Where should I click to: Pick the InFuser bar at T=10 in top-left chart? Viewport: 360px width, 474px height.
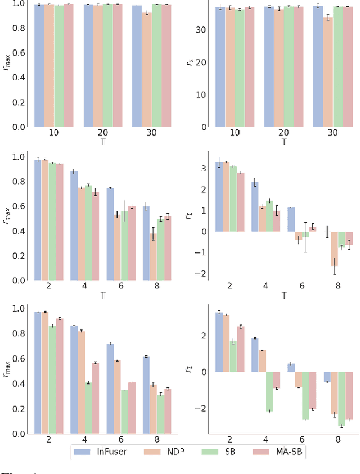pos(39,65)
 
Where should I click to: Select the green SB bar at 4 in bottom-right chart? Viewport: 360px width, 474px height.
pos(269,391)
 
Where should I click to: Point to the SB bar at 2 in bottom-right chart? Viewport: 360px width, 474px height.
pos(233,356)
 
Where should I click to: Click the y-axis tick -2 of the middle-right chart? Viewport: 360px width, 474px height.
pos(202,274)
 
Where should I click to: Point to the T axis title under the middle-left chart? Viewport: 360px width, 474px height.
pos(103,295)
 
